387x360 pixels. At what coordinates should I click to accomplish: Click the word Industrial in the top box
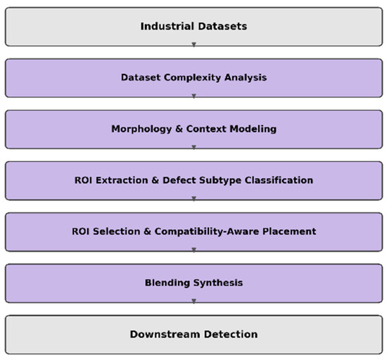click(167, 26)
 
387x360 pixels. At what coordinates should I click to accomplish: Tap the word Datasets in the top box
click(222, 26)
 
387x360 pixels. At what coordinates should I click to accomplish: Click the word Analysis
click(246, 77)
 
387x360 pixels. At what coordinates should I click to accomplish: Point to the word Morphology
click(141, 129)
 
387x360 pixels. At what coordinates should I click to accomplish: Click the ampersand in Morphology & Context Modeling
click(179, 129)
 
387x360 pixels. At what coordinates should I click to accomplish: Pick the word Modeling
click(253, 129)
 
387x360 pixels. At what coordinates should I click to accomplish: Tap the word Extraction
click(122, 180)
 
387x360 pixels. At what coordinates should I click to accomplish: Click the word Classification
click(279, 180)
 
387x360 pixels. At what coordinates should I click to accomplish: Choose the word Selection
click(117, 231)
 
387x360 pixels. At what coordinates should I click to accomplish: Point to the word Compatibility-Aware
click(207, 232)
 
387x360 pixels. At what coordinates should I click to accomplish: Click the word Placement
click(289, 231)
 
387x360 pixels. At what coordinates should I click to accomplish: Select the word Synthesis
click(218, 283)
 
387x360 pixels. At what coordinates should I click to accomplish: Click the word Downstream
click(165, 335)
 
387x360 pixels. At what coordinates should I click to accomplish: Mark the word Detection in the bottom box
click(231, 335)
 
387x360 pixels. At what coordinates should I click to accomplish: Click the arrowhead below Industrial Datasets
click(193, 44)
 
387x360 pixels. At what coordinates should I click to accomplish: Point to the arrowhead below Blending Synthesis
click(193, 301)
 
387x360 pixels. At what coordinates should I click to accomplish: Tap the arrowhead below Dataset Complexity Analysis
click(193, 96)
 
